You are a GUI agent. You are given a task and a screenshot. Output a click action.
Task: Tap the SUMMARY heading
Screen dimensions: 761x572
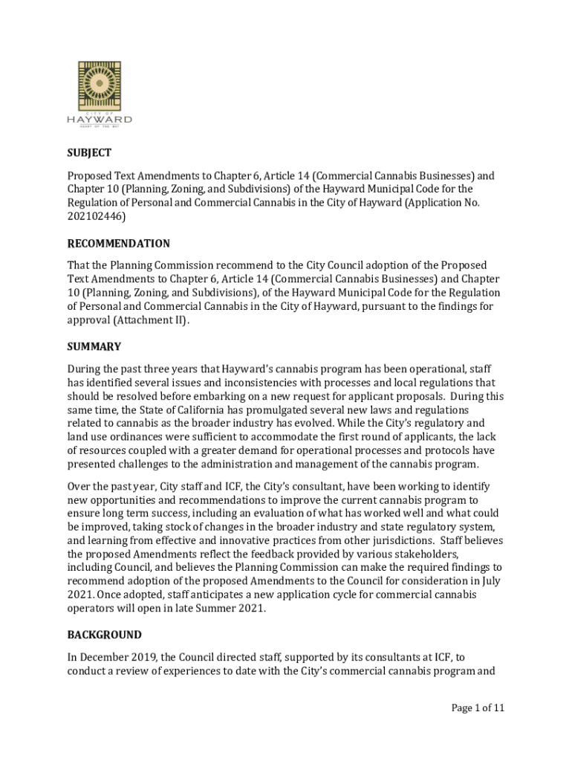[x=94, y=347]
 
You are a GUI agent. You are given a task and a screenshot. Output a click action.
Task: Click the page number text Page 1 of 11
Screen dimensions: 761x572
[x=478, y=707]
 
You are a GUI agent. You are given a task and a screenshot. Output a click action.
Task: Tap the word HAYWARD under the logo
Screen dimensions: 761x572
[x=100, y=120]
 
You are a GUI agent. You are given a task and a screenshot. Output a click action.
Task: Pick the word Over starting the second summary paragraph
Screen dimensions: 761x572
[x=79, y=486]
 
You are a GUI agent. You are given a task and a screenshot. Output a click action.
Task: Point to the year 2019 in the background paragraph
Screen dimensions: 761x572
[x=151, y=658]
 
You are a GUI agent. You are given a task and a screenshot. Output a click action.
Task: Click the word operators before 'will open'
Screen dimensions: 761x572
[x=93, y=609]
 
